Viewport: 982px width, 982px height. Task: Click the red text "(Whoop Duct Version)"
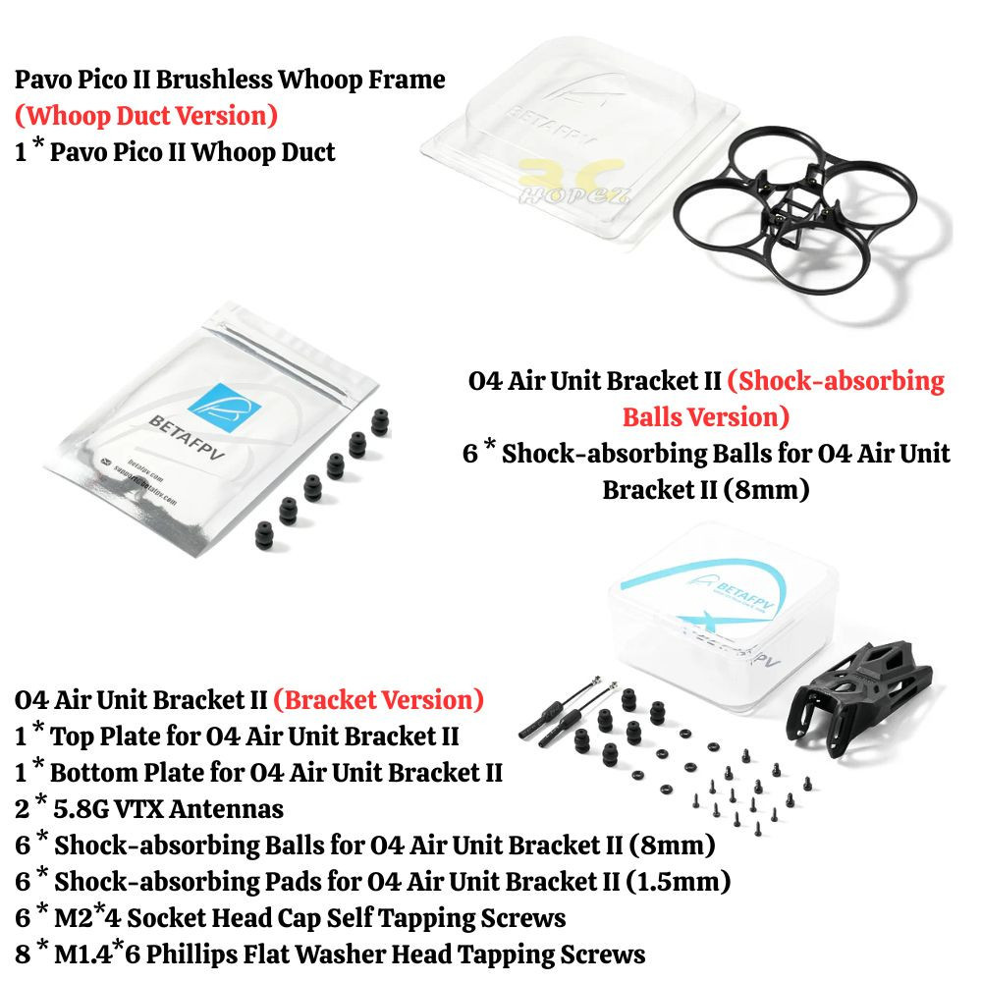pyautogui.click(x=146, y=116)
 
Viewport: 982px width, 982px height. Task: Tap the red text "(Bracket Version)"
pyautogui.click(x=378, y=700)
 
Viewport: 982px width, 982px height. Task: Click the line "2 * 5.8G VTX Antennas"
pyautogui.click(x=149, y=808)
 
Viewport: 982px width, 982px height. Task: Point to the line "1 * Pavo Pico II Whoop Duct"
pyautogui.click(x=175, y=152)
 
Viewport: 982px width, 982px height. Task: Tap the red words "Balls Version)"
pyautogui.click(x=705, y=417)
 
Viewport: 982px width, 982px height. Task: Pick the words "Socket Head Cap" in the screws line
pyautogui.click(x=210, y=918)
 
